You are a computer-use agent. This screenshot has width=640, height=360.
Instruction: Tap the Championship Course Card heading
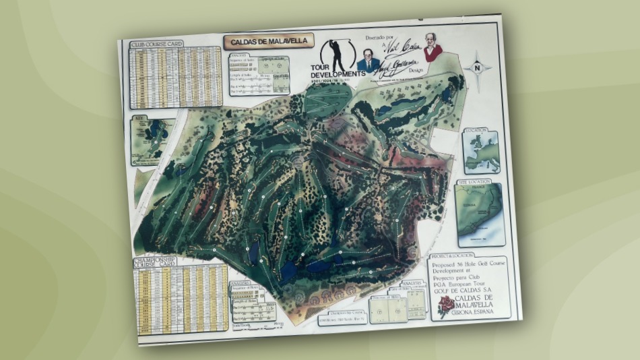point(155,261)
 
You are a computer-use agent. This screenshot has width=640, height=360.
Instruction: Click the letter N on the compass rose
point(477,67)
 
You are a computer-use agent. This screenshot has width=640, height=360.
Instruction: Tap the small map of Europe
point(481,152)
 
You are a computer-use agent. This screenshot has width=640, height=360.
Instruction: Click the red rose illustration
point(446,306)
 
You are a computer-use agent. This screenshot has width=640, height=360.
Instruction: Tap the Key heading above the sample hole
point(140,117)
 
